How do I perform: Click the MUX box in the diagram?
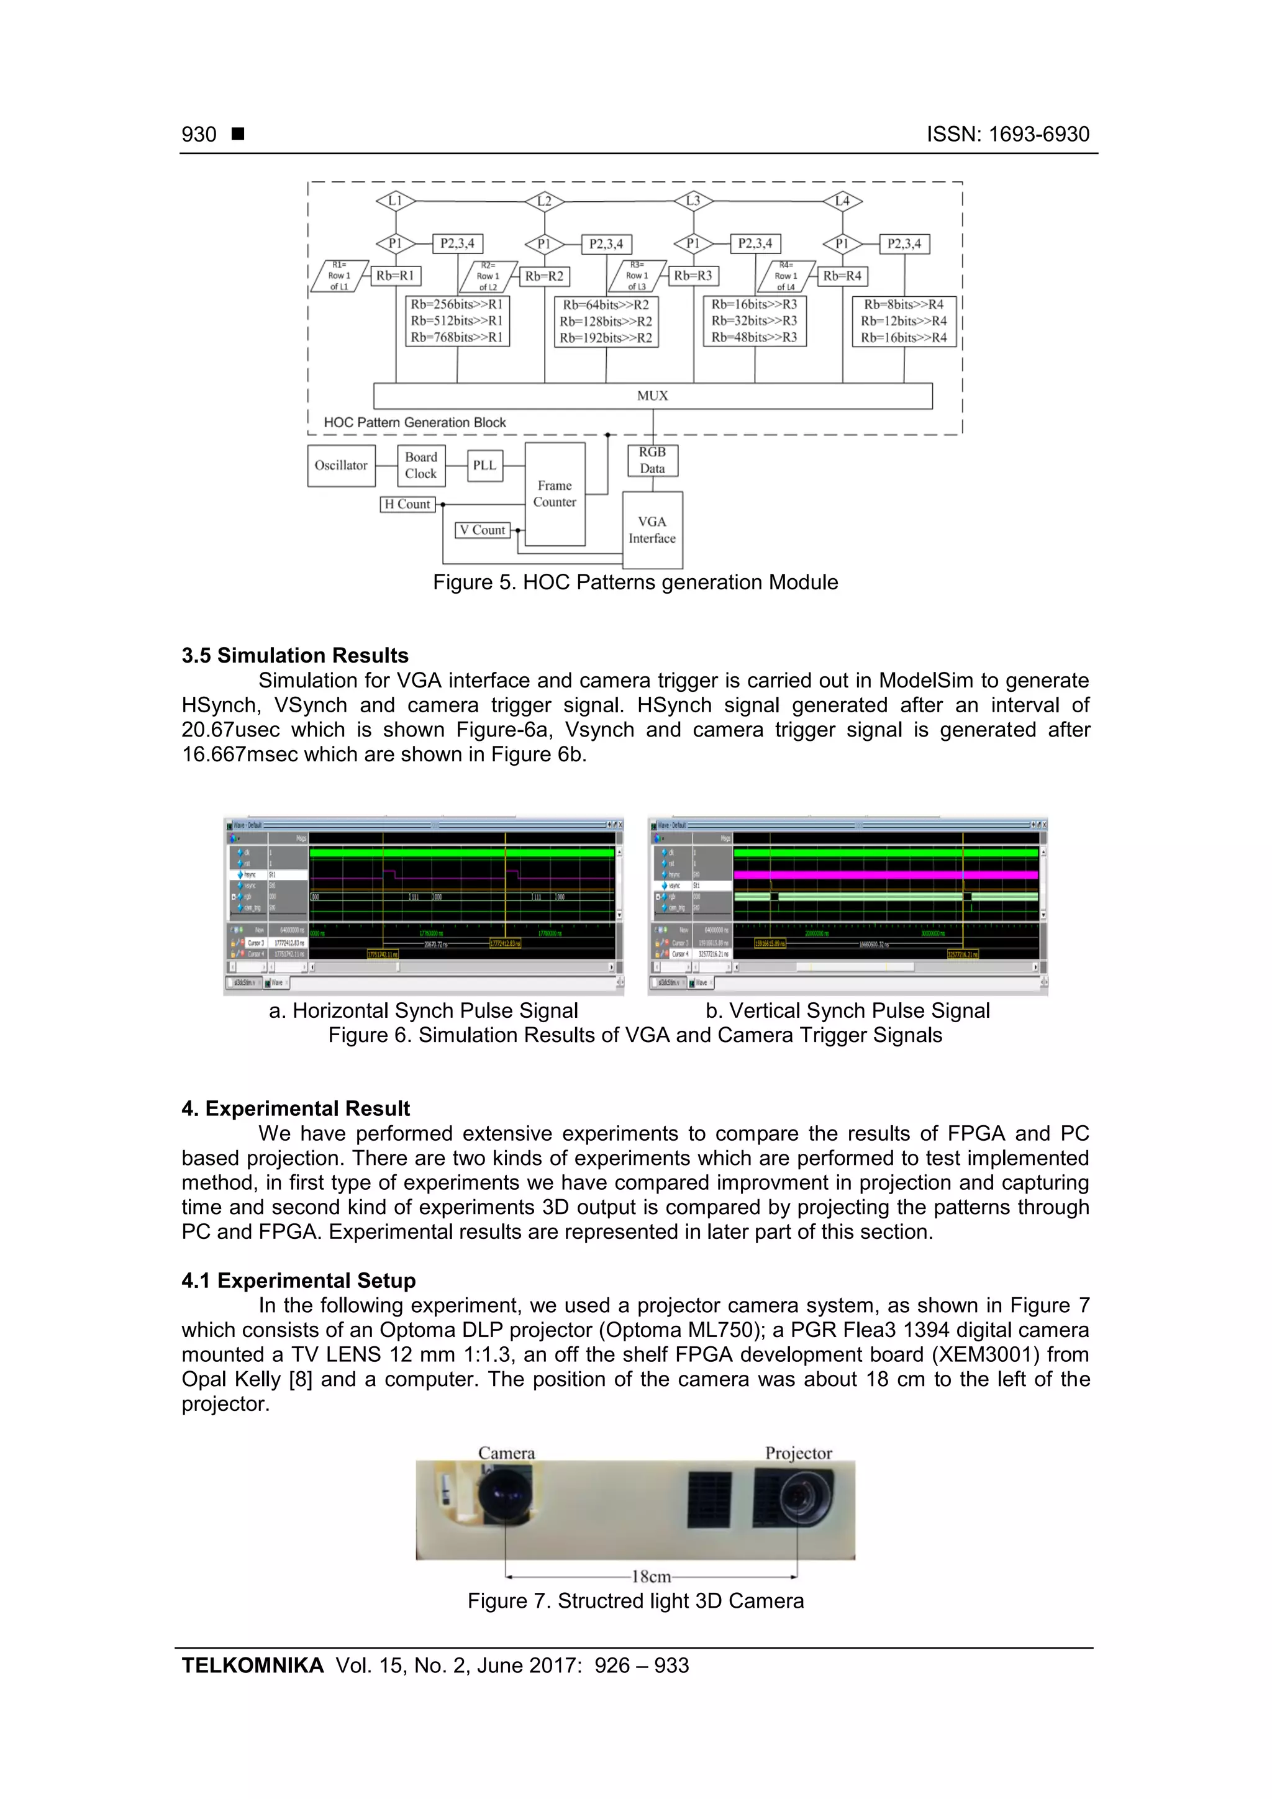point(652,396)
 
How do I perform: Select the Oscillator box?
point(341,465)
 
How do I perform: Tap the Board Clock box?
point(421,465)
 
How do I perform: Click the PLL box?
point(484,465)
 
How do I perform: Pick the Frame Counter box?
point(555,494)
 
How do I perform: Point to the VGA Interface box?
point(652,530)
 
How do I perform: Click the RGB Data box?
point(652,461)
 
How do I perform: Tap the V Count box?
point(483,530)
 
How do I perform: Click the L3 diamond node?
point(693,201)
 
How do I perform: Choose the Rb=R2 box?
point(544,276)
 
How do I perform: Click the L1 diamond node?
point(395,201)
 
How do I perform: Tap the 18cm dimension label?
point(652,1577)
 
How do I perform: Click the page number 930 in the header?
point(199,135)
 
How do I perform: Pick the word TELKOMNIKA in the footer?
point(252,1665)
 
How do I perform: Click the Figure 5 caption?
point(635,582)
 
